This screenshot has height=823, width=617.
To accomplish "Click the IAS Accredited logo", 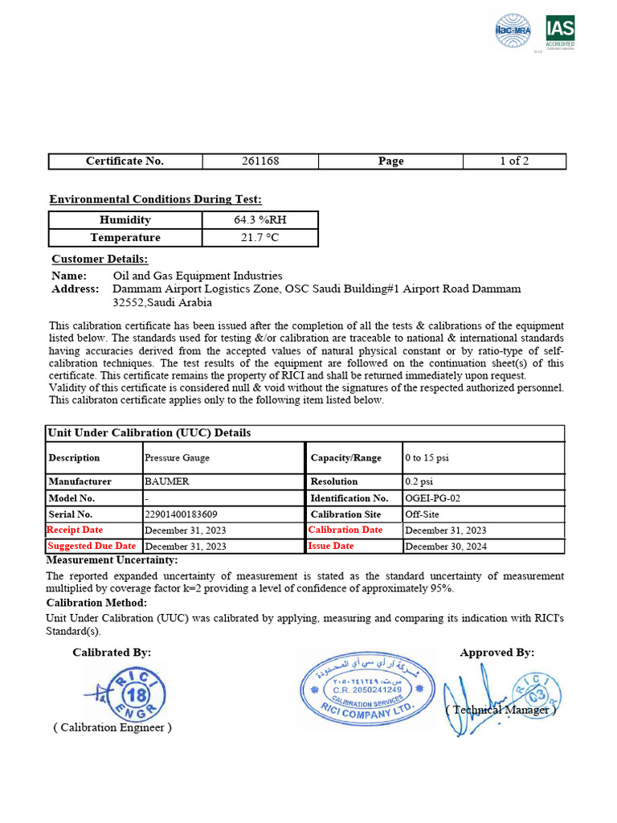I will pyautogui.click(x=560, y=33).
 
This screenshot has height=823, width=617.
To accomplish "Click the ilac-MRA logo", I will pyautogui.click(x=513, y=31).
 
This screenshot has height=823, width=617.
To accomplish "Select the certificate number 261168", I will pyautogui.click(x=260, y=161).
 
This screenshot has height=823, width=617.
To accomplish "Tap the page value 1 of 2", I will pyautogui.click(x=514, y=161).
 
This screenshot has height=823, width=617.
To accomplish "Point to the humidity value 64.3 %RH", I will pyautogui.click(x=260, y=219).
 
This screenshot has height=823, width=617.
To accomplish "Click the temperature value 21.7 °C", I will pyautogui.click(x=260, y=237).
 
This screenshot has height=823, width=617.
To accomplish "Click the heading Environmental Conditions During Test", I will pyautogui.click(x=155, y=199).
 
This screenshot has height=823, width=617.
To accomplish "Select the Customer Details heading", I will pyautogui.click(x=100, y=259).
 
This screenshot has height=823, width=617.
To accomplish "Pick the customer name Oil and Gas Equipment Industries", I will pyautogui.click(x=198, y=276).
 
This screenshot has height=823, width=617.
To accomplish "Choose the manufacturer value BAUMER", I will pyautogui.click(x=168, y=481).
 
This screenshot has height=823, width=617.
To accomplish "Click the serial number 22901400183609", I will pyautogui.click(x=181, y=514).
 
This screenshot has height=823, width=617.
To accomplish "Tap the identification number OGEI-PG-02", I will pyautogui.click(x=432, y=497).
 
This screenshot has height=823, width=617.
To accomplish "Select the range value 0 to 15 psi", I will pyautogui.click(x=427, y=457).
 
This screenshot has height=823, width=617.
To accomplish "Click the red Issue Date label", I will pyautogui.click(x=331, y=546).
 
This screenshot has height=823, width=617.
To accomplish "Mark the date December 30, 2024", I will pyautogui.click(x=445, y=546).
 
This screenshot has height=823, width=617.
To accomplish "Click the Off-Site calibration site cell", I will pyautogui.click(x=422, y=514).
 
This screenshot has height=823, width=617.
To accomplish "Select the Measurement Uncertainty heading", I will pyautogui.click(x=112, y=559).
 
